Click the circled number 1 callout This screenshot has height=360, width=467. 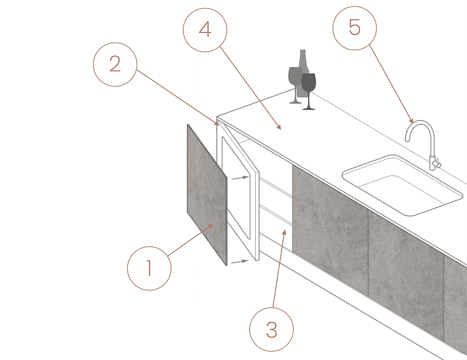[149, 269]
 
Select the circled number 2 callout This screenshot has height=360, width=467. [115, 64]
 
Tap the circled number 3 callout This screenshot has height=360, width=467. [271, 330]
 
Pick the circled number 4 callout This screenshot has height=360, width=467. [205, 30]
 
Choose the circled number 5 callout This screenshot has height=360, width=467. [355, 28]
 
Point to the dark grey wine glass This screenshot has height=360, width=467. [309, 91]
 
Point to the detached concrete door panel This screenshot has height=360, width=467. [207, 194]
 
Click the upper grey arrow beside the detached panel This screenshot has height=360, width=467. [240, 178]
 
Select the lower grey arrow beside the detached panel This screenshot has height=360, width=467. [240, 261]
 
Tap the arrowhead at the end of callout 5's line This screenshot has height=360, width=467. [411, 121]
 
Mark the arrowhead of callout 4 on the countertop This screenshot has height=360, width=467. [279, 127]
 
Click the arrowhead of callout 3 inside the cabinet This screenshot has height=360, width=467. [285, 232]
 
